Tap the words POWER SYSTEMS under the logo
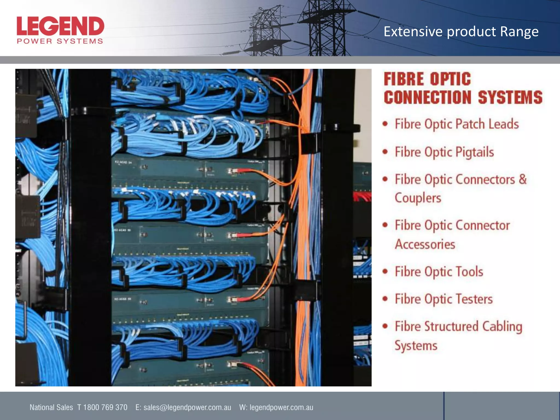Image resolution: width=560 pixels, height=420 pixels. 60,41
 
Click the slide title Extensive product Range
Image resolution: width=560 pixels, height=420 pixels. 461,32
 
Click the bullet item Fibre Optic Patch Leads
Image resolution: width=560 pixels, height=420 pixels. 457,124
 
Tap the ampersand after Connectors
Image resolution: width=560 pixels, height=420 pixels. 523,179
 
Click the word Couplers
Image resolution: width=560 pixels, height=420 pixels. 418,198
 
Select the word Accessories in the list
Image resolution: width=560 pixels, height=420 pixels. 425,244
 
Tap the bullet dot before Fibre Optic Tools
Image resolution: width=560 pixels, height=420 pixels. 385,272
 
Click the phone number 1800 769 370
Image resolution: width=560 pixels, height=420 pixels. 105,407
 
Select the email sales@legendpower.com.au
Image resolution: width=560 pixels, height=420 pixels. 187,407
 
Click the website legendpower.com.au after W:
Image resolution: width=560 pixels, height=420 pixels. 281,407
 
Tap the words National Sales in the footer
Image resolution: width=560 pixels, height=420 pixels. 51,407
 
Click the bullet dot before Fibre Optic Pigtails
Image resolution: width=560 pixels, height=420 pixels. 385,152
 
